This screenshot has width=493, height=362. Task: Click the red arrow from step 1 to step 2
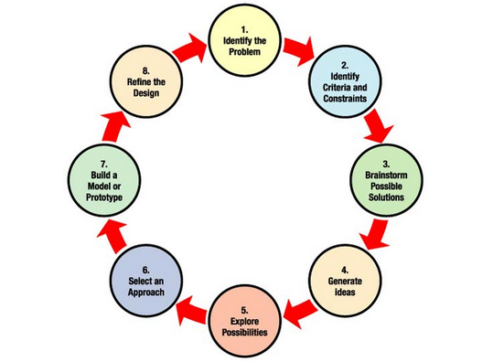[297, 47]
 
